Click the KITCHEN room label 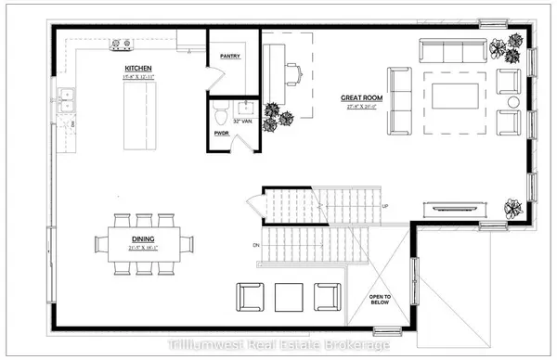tap(138, 69)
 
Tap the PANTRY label tap(231, 56)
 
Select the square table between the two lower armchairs tap(288, 297)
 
